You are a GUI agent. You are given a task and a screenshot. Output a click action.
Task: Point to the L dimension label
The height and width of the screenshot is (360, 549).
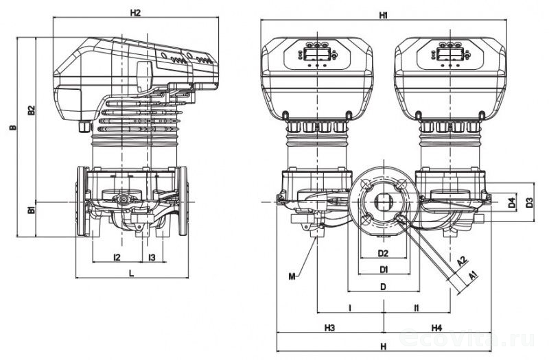[131, 273]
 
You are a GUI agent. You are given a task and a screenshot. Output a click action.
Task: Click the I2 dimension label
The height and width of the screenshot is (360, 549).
[117, 257]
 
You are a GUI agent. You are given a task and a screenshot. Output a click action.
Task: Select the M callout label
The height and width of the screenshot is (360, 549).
[292, 276]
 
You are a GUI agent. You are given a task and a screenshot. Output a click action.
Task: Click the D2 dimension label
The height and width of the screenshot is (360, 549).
[384, 254]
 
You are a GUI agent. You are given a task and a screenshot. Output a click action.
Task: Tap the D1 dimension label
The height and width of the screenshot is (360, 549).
[384, 268]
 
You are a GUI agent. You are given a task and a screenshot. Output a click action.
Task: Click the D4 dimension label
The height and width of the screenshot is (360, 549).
[511, 203]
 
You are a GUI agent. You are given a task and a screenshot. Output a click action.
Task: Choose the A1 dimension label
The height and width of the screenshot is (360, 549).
[473, 274]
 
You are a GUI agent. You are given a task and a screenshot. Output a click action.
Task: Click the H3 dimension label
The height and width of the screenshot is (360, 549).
[329, 328]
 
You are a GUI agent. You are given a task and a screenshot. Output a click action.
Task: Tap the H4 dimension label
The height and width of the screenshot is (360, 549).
[436, 328]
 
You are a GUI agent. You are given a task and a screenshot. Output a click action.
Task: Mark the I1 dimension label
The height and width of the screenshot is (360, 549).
[417, 309]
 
